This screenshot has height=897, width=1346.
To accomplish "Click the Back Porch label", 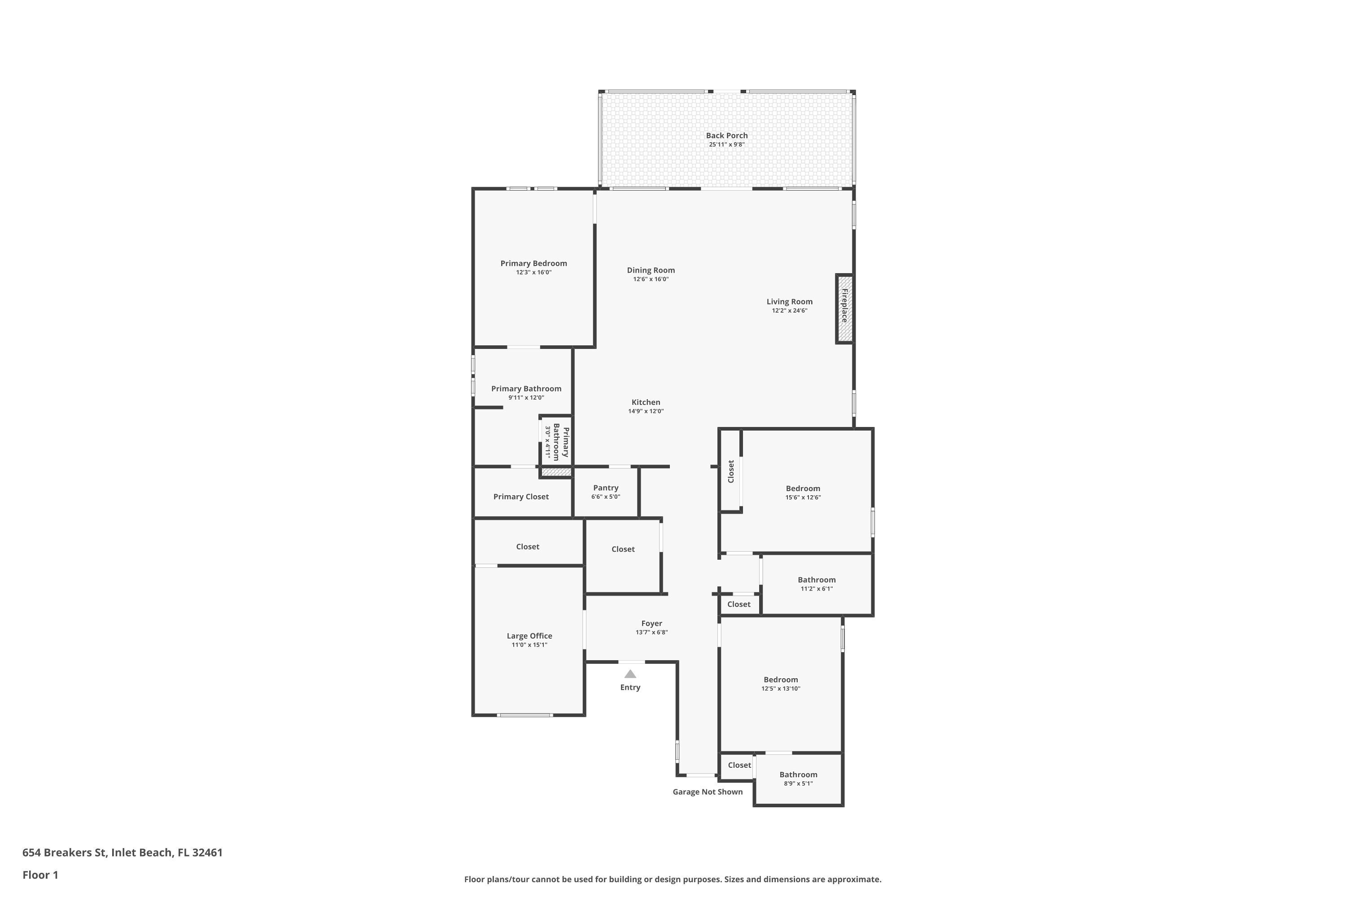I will pyautogui.click(x=726, y=135).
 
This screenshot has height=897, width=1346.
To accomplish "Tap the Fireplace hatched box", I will pyautogui.click(x=844, y=309).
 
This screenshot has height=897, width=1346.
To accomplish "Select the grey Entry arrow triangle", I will pyautogui.click(x=630, y=674).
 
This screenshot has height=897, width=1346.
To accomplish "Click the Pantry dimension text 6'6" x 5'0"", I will pyautogui.click(x=605, y=496).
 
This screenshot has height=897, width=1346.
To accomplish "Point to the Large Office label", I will pyautogui.click(x=529, y=636).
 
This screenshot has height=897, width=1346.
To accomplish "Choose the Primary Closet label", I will pyautogui.click(x=521, y=496).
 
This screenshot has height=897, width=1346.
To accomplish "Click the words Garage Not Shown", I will pyautogui.click(x=708, y=792).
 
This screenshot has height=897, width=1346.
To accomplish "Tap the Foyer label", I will pyautogui.click(x=651, y=623).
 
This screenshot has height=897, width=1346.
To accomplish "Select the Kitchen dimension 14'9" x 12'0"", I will pyautogui.click(x=646, y=411).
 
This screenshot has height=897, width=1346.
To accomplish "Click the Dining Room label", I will pyautogui.click(x=651, y=270).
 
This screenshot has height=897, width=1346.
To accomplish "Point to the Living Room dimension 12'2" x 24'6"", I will pyautogui.click(x=789, y=311).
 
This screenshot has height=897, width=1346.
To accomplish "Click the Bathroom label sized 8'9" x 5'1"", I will pyautogui.click(x=798, y=775).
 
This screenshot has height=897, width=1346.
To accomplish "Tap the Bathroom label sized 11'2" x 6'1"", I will pyautogui.click(x=816, y=579).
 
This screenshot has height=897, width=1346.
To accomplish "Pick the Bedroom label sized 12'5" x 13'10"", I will pyautogui.click(x=781, y=679).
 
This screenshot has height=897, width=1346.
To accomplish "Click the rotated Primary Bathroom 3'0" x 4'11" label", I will pyautogui.click(x=557, y=443).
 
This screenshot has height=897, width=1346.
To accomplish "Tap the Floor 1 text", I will pyautogui.click(x=40, y=875).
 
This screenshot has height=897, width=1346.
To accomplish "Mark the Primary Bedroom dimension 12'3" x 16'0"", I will pyautogui.click(x=533, y=272).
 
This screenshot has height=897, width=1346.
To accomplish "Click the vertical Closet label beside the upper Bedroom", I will pyautogui.click(x=731, y=471).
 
